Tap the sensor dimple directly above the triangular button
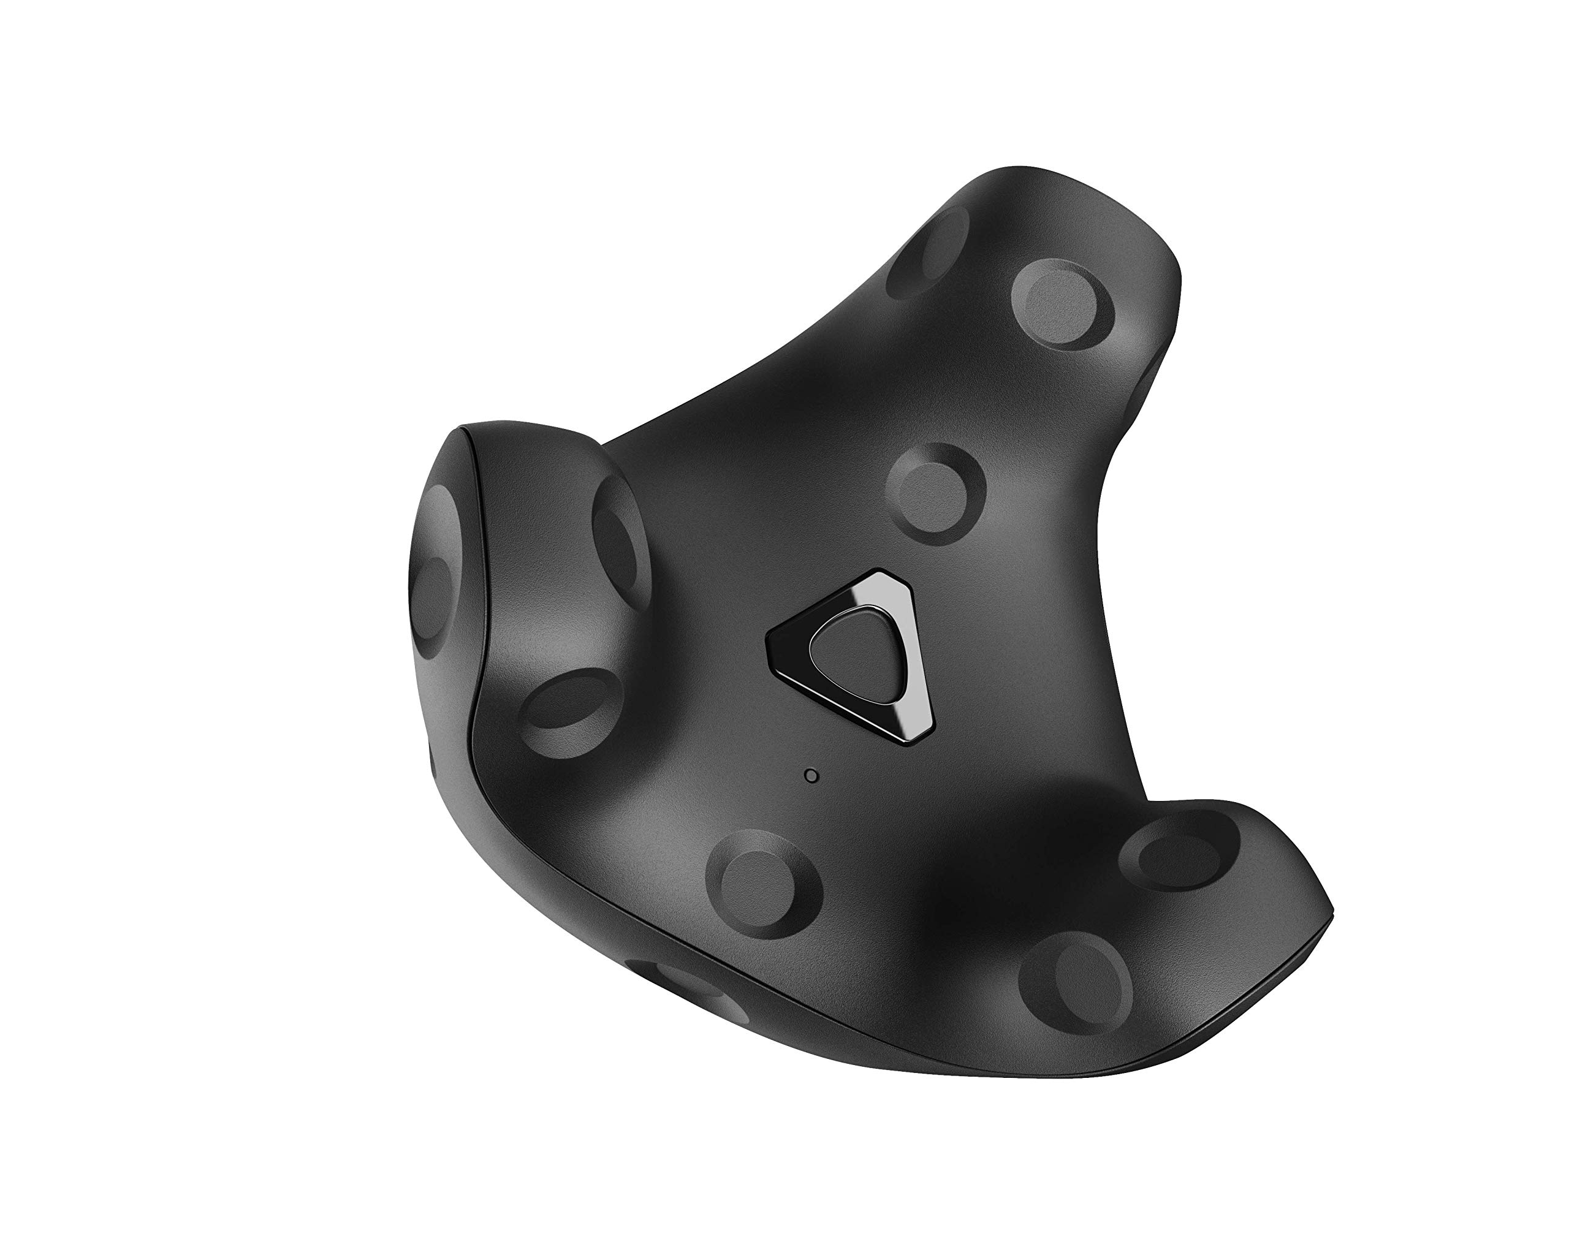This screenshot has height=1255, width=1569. tap(936, 493)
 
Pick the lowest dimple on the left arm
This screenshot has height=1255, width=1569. tap(572, 703)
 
